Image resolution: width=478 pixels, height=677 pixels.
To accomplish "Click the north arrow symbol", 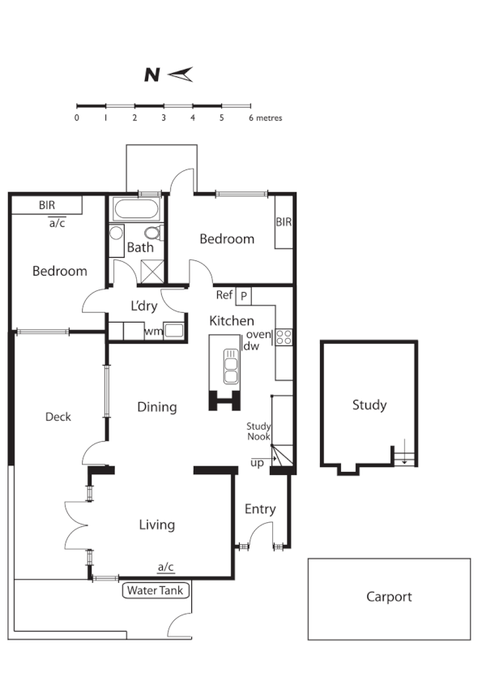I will click(181, 75).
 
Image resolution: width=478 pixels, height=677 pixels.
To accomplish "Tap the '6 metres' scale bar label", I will click(265, 118).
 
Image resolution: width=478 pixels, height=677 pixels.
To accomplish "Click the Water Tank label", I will click(156, 590).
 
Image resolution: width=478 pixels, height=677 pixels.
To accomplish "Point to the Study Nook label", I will click(259, 431).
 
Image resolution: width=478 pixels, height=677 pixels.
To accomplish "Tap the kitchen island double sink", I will click(230, 365).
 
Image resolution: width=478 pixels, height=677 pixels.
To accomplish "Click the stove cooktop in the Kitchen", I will click(283, 336).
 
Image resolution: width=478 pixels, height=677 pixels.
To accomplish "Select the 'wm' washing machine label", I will click(152, 331).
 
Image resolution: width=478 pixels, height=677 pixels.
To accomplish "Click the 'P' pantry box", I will click(243, 296).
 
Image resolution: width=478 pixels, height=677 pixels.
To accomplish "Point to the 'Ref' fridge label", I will click(224, 295).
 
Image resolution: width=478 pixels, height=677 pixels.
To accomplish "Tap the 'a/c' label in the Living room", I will click(166, 567).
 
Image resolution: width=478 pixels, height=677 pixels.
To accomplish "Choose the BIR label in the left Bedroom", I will click(47, 205).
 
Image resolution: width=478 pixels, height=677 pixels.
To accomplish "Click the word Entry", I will click(260, 509).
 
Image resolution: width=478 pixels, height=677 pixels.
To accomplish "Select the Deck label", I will click(58, 417).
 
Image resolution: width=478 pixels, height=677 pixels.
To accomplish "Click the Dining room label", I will click(156, 407).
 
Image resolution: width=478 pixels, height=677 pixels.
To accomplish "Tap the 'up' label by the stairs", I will click(257, 463).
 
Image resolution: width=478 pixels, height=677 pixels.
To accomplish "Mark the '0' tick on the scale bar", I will click(76, 118).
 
